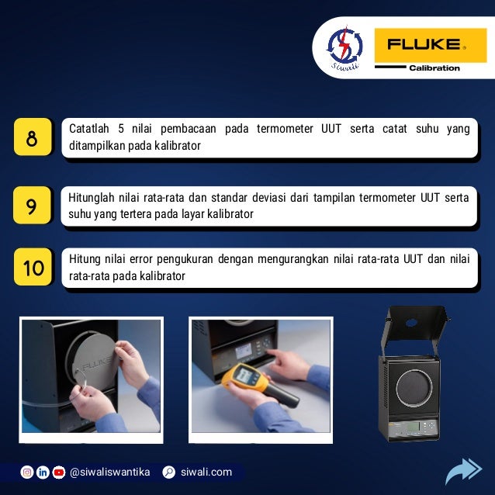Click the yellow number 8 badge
tap(32, 140)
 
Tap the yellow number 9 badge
tap(32, 206)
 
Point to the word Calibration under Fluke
tap(434, 67)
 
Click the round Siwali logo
tap(343, 48)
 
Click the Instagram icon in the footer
tap(27, 472)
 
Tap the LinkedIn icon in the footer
tap(43, 472)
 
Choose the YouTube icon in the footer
tap(59, 472)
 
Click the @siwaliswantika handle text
tap(110, 472)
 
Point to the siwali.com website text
tap(206, 472)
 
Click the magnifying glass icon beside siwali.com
tap(169, 472)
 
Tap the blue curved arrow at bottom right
tap(463, 471)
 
